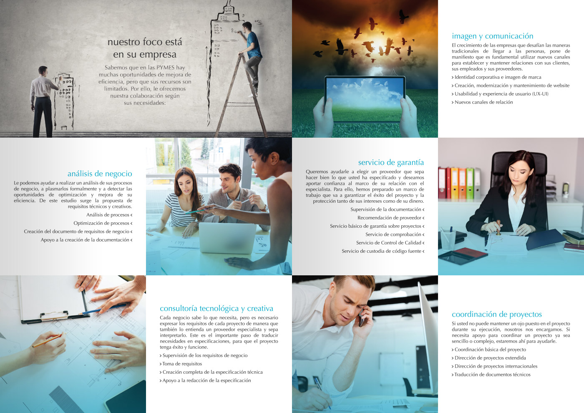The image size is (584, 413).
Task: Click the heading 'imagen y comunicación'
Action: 493,36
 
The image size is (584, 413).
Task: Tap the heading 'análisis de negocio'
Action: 100,174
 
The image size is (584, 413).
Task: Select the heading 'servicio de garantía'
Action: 391,162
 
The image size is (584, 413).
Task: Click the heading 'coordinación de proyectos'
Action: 497,314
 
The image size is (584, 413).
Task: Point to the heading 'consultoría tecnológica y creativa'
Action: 216,308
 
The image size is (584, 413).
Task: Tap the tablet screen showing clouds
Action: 365,99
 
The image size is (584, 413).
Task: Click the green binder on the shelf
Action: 470,183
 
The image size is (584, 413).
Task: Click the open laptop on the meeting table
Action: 227,238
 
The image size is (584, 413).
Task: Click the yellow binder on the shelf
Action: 454,183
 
